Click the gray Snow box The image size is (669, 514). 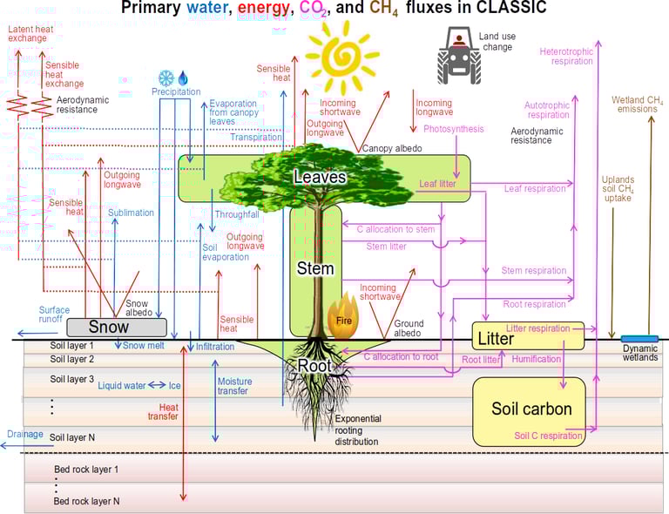pos(116,327)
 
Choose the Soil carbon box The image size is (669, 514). pos(531,409)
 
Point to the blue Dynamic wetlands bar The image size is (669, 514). pos(639,338)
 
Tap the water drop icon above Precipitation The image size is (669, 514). pos(183,78)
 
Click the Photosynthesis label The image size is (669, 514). pos(454,129)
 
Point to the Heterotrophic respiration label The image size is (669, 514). pos(566,57)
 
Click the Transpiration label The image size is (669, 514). pos(256,137)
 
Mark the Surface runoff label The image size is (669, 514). pos(54,314)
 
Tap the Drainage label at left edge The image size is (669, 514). pos(24,433)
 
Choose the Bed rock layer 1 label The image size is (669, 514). pos(85,470)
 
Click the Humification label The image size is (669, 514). pos(537,359)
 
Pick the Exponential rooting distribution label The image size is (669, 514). pos(358,429)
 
